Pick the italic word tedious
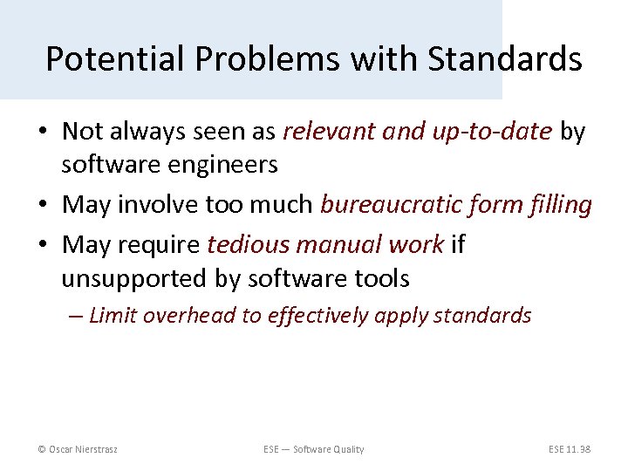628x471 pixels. click(245, 246)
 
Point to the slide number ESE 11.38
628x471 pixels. click(570, 449)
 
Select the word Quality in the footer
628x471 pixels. click(346, 449)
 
